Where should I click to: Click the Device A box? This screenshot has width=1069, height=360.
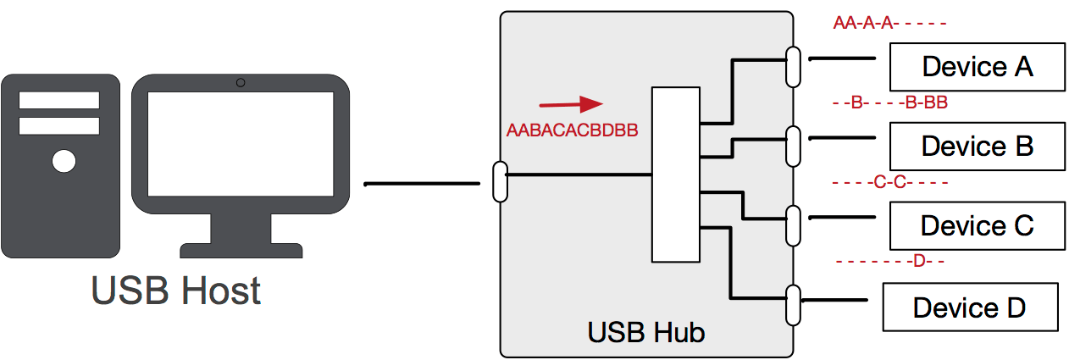point(977,66)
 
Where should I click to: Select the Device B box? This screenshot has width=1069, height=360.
point(977,146)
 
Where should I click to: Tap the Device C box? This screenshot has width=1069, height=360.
point(977,225)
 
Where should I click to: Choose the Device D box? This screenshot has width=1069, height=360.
point(970,307)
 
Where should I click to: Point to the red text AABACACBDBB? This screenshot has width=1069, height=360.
point(571,131)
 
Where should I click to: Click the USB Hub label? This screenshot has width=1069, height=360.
point(645,332)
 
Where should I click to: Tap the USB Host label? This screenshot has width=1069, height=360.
point(175,290)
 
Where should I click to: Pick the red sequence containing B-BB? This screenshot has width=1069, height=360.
point(889,103)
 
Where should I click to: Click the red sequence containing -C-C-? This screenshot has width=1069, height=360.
point(889,182)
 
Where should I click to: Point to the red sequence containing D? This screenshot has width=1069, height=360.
point(889,261)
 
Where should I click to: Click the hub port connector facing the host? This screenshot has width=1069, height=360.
point(500,181)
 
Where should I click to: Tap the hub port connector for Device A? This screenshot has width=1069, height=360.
point(793,66)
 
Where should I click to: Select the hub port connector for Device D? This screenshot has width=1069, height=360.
point(793,305)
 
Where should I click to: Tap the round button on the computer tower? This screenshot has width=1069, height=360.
point(64,160)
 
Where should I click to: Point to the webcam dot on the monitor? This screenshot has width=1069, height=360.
point(241,82)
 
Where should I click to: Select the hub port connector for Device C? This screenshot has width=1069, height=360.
point(793,225)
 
